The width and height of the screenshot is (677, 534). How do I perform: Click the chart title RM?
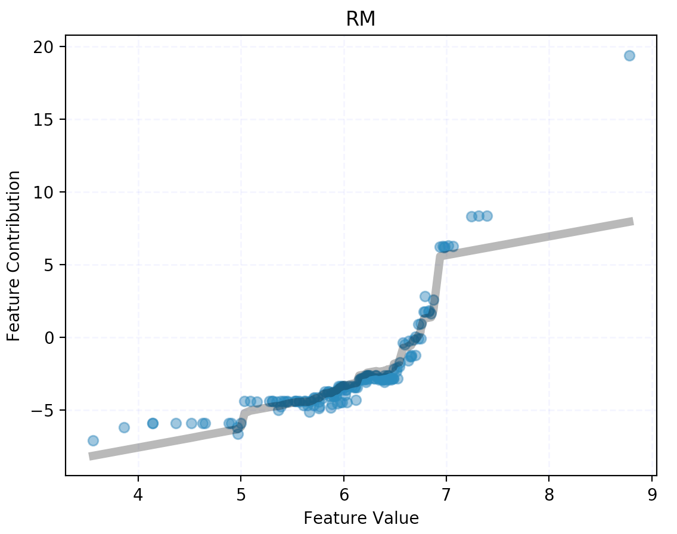(x=361, y=19)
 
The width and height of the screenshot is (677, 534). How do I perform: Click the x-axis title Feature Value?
(x=361, y=517)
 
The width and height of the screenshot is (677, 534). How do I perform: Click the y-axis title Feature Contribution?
(x=14, y=256)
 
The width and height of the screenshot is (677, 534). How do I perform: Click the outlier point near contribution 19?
(x=629, y=55)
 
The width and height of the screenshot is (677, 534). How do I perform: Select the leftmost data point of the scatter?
(x=93, y=440)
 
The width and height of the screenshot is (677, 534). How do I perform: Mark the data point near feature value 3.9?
(x=124, y=427)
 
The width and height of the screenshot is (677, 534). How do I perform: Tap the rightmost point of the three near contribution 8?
(x=487, y=216)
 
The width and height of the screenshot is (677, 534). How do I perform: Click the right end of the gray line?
(x=632, y=222)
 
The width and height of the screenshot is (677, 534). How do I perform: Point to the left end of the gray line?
(x=90, y=457)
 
